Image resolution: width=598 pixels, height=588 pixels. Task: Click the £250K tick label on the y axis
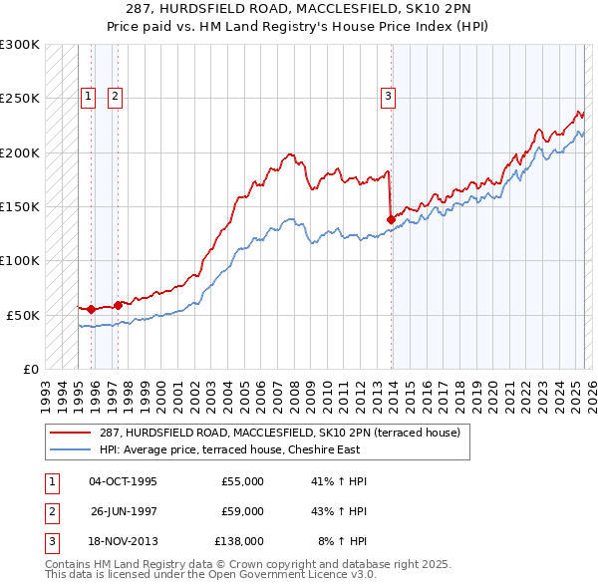pos(20,99)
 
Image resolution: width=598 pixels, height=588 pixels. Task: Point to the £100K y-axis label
pos(20,260)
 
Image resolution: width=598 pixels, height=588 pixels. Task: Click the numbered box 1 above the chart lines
pos(89,97)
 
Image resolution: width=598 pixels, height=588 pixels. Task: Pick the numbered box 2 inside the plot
pos(116,97)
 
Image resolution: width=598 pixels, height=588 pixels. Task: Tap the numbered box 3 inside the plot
pos(387,97)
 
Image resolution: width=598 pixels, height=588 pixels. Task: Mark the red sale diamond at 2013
pos(390,219)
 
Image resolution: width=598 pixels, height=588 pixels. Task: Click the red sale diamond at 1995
pos(91,309)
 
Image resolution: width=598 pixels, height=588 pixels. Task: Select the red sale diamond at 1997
pos(119,305)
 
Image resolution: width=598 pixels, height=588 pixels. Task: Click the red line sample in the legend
pos(71,434)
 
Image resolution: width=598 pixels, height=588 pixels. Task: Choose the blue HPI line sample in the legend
pos(71,449)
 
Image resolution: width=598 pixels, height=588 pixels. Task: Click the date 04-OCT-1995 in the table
pos(123,481)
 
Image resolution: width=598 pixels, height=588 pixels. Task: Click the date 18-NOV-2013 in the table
pos(123,541)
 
